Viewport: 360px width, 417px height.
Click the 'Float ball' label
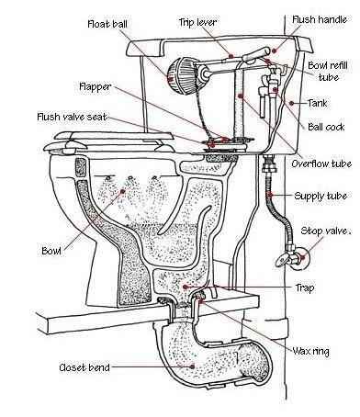[107, 24]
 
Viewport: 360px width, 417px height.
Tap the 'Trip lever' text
[197, 22]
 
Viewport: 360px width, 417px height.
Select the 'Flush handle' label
[320, 19]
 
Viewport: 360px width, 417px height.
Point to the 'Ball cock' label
[326, 127]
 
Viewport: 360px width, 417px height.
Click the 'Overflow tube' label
[321, 163]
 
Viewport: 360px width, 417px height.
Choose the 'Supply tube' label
[321, 196]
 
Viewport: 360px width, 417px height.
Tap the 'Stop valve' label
[324, 231]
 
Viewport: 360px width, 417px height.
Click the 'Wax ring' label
[310, 351]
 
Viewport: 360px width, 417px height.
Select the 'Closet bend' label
[84, 367]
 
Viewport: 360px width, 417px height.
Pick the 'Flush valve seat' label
[72, 117]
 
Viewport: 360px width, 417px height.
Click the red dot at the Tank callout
[292, 103]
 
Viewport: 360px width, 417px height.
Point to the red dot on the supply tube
[270, 196]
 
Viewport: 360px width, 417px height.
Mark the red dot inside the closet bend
[193, 366]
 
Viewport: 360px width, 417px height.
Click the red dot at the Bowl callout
[123, 191]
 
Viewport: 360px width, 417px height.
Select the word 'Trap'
[305, 287]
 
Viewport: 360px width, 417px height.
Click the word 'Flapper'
[96, 87]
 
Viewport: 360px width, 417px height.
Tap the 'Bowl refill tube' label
[328, 71]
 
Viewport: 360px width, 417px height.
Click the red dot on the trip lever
[231, 56]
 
